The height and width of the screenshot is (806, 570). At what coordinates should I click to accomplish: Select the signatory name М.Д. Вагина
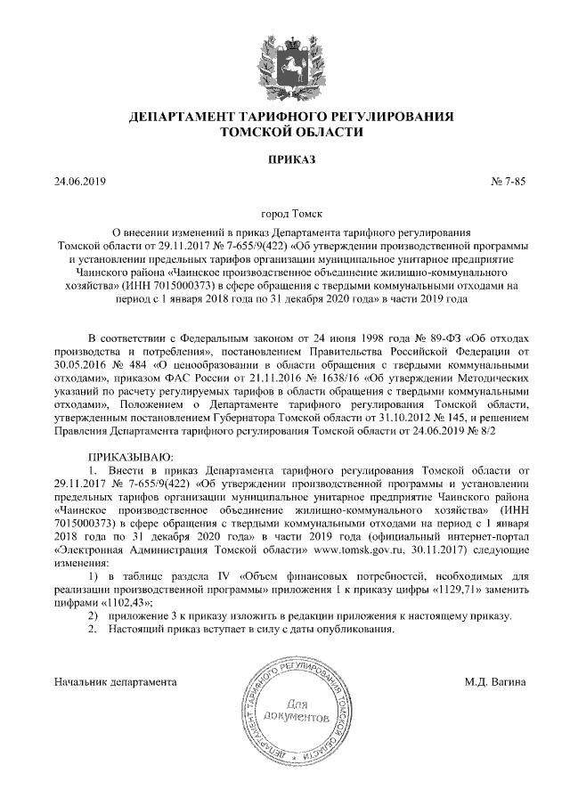coord(494,682)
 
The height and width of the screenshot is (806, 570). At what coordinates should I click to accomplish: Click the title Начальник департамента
coord(115,682)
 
